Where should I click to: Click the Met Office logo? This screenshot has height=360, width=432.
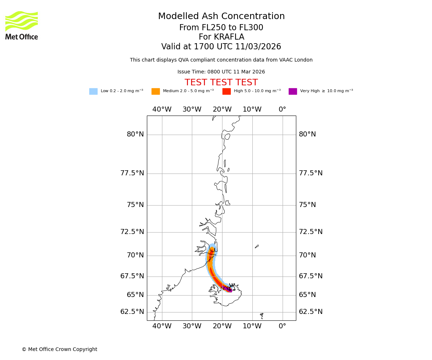(x=22, y=25)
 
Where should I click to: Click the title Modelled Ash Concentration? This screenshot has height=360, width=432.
(x=221, y=17)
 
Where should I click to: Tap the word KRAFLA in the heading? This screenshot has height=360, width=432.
(x=229, y=37)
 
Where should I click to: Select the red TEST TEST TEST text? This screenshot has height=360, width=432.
(x=221, y=83)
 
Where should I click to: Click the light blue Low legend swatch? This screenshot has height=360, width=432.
(x=93, y=91)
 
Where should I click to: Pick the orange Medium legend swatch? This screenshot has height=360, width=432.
(x=156, y=91)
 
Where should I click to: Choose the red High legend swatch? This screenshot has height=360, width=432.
(x=226, y=91)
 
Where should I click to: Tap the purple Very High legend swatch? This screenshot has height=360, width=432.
(x=293, y=91)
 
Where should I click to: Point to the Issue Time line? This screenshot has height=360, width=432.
(x=221, y=72)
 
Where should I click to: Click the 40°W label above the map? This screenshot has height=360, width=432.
(x=162, y=109)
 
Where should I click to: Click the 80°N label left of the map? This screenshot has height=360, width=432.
(x=135, y=134)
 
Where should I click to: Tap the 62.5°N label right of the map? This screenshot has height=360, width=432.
(x=310, y=312)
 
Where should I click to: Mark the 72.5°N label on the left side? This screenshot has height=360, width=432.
(x=132, y=232)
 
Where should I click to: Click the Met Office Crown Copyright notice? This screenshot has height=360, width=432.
(x=59, y=350)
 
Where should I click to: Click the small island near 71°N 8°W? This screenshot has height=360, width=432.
(x=257, y=247)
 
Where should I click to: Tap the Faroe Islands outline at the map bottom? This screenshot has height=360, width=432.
(x=262, y=315)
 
